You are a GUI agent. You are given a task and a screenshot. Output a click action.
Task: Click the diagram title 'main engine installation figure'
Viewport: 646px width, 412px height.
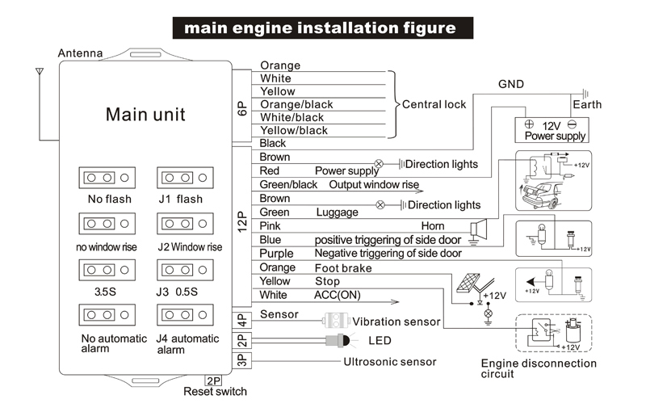(x=320, y=28)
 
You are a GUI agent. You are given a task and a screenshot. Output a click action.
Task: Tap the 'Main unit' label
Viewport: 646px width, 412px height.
(x=145, y=114)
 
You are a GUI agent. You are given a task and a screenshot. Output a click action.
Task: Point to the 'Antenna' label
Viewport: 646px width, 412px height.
(x=80, y=53)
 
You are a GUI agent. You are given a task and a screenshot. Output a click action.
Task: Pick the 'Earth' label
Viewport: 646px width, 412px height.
(x=587, y=105)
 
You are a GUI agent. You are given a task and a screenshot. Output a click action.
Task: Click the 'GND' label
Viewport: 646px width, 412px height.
(x=510, y=84)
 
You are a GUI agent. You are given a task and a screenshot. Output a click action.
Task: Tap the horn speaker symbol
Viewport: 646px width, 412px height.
(x=479, y=229)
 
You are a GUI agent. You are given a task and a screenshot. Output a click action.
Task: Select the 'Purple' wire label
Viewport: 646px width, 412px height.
(x=277, y=254)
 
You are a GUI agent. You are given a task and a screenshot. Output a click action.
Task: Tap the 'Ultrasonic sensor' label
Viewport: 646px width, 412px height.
(x=390, y=362)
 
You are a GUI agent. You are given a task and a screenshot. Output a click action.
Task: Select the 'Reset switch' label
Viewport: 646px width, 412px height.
(x=215, y=392)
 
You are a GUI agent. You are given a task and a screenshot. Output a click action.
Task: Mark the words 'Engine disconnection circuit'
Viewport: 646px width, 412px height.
(x=539, y=368)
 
